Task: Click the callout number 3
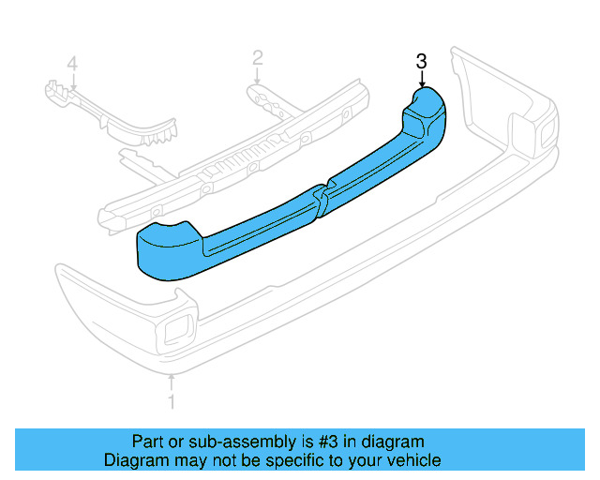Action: (x=422, y=62)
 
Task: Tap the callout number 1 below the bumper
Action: (x=171, y=404)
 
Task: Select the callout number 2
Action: (x=257, y=61)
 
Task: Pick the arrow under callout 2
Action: (x=257, y=81)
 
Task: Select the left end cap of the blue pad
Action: (x=167, y=247)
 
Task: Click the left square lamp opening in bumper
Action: (x=174, y=331)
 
